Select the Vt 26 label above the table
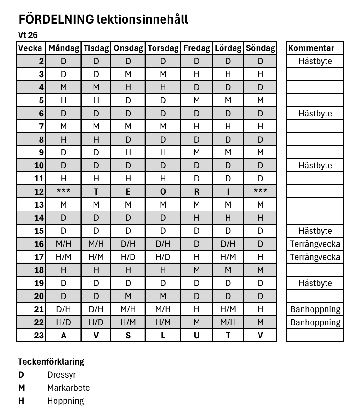point(28,35)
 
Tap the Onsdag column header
point(128,48)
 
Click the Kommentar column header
point(311,48)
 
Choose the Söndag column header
point(260,48)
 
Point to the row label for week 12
point(39,192)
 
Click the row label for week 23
point(39,336)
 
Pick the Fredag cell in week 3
point(196,74)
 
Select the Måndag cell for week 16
point(64,244)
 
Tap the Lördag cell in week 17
point(228,257)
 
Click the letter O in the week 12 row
point(163,192)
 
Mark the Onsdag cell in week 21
point(128,309)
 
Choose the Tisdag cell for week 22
point(96,322)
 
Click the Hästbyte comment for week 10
point(315,166)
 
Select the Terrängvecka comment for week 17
point(315,257)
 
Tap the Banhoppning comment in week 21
point(315,309)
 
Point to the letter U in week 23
point(196,336)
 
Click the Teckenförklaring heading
point(51,362)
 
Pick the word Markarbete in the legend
point(68,388)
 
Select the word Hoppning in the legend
point(65,401)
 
